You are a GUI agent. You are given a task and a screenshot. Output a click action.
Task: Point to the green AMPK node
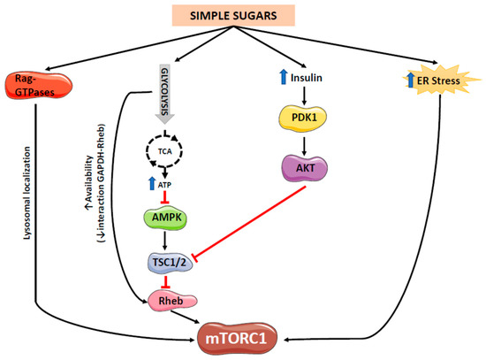coord(164,218)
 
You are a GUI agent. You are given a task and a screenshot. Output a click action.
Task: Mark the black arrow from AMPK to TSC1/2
coord(164,239)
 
